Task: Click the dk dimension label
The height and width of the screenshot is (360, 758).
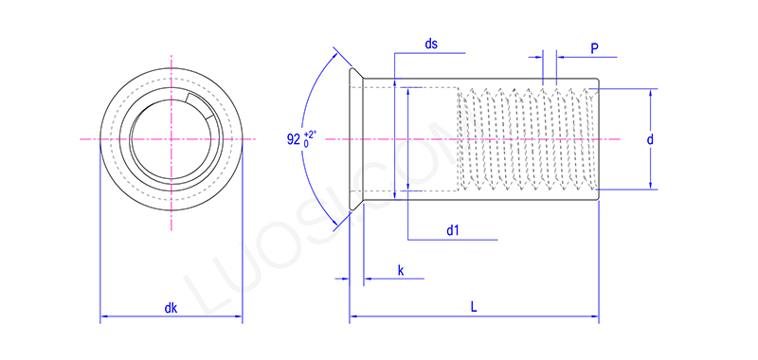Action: (x=171, y=308)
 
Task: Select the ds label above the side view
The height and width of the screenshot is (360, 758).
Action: (x=431, y=45)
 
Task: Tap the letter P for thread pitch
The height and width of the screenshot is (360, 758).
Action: (x=594, y=48)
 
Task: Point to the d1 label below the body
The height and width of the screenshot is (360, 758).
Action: (x=453, y=230)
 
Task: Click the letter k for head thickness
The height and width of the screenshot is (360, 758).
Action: (x=401, y=271)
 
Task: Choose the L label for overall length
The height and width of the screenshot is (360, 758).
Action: (x=473, y=307)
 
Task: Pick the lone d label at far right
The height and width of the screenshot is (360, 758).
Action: (x=650, y=139)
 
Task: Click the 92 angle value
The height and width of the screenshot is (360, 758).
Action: (x=293, y=139)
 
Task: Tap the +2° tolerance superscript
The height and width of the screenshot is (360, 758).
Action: (x=310, y=134)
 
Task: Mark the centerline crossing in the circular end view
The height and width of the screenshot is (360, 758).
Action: (x=171, y=139)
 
